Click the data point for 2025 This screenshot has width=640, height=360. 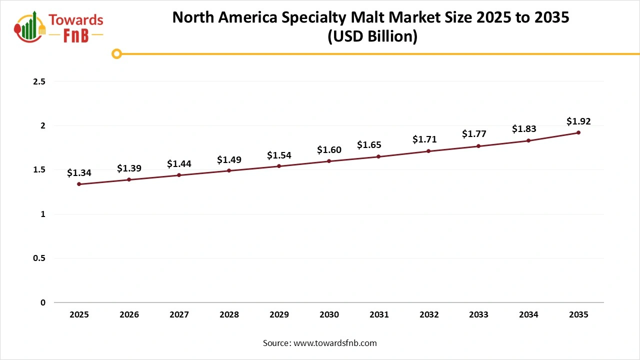click(x=79, y=184)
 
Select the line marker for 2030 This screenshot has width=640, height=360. click(x=329, y=161)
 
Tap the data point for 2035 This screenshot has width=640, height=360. click(x=578, y=132)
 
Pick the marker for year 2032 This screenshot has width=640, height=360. click(x=429, y=151)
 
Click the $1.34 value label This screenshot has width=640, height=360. click(x=79, y=173)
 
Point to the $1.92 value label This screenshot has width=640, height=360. click(x=578, y=121)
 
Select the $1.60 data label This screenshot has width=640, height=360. click(x=329, y=150)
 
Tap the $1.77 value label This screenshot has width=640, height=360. click(x=474, y=134)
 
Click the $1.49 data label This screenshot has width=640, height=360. click(x=229, y=160)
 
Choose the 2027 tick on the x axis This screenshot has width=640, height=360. click(x=179, y=315)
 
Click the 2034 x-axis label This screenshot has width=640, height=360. click(x=528, y=315)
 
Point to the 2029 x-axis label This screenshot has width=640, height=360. click(x=279, y=315)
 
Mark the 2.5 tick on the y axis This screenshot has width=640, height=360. click(x=39, y=81)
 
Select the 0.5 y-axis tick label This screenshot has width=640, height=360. click(x=39, y=258)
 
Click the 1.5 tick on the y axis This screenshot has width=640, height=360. click(x=39, y=170)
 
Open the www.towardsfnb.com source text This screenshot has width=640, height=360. click(x=334, y=343)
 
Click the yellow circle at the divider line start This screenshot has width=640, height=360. click(x=116, y=53)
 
